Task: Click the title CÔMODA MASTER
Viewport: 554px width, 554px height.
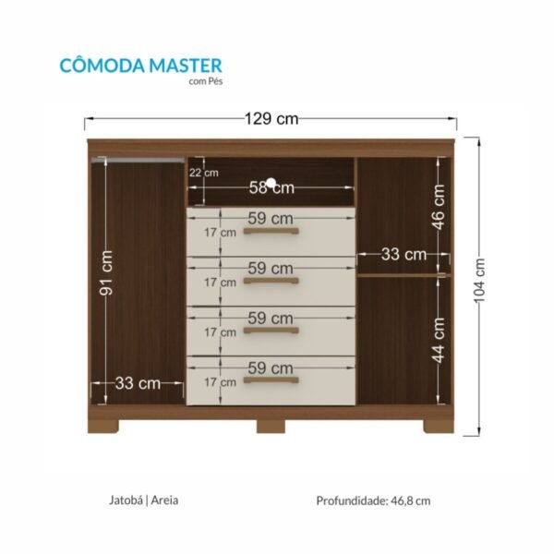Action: pos(140,65)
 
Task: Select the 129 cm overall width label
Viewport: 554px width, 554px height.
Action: pos(271,119)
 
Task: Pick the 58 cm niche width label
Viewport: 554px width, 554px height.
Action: pos(271,187)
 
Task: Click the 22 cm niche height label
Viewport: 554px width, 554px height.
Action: pos(204,172)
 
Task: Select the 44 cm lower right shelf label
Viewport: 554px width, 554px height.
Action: pos(439,340)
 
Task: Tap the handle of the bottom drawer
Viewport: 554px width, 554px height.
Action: pos(271,379)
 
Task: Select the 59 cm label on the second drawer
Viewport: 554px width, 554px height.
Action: pos(271,268)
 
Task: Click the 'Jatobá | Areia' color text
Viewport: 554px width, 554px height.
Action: pos(143,500)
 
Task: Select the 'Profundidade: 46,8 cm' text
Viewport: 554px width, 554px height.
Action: pos(373,501)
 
